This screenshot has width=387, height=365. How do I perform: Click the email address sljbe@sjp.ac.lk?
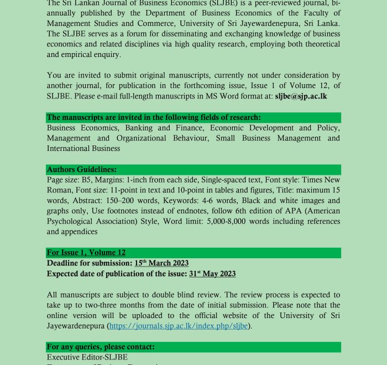point(308,96)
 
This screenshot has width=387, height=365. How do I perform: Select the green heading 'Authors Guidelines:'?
point(82,169)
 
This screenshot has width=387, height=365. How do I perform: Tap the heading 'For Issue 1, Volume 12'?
point(86,253)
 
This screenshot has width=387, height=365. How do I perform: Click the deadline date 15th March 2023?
point(161,263)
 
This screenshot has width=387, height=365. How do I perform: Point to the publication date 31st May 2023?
point(212,274)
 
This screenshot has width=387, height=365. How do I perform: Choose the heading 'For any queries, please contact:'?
point(101,347)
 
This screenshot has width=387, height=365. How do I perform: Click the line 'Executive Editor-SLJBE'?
point(87,357)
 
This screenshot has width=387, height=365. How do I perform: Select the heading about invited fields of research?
point(154,117)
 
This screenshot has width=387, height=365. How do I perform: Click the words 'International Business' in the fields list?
point(83,148)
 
